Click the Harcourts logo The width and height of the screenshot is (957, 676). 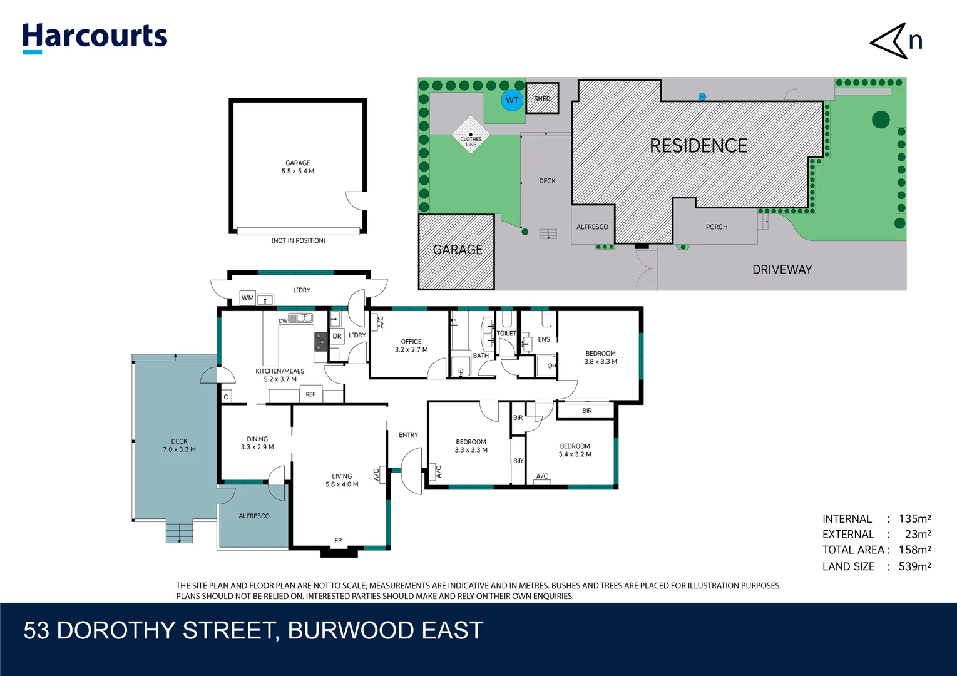click(95, 37)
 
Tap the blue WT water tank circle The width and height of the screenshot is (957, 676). click(512, 100)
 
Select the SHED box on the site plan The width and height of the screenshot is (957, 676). click(542, 99)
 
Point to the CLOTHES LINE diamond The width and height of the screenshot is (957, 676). click(471, 135)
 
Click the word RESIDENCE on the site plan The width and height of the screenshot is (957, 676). click(698, 146)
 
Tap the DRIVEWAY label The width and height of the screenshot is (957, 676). click(782, 269)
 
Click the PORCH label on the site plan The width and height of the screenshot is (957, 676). click(716, 227)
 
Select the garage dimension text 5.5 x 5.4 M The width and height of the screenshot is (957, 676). click(298, 171)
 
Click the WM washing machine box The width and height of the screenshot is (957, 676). click(248, 298)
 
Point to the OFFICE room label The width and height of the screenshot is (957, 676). click(411, 342)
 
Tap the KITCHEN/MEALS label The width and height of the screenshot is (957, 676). click(280, 371)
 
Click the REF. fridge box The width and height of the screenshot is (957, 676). click(311, 395)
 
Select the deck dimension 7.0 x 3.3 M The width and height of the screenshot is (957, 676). click(180, 449)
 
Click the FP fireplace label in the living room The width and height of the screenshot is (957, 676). click(338, 540)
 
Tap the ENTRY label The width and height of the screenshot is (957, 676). click(408, 434)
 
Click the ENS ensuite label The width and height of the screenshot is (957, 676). click(544, 339)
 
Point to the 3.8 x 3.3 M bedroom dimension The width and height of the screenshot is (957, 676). click(600, 362)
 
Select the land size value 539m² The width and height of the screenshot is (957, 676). click(914, 566)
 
